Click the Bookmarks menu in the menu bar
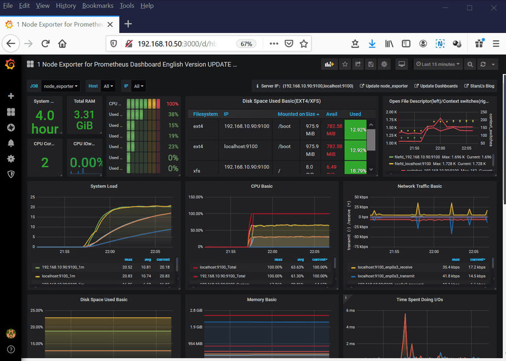(97, 5)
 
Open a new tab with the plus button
(128, 24)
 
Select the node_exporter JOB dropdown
(61, 86)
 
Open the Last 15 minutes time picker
(438, 64)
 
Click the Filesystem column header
(205, 114)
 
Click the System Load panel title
(104, 186)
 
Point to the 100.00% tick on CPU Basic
(196, 214)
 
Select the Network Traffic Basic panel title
(419, 186)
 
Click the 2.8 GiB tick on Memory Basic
(196, 311)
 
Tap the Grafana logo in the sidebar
(10, 64)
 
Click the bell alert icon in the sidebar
(10, 143)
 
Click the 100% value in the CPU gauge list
(173, 104)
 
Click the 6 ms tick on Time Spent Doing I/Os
(350, 311)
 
